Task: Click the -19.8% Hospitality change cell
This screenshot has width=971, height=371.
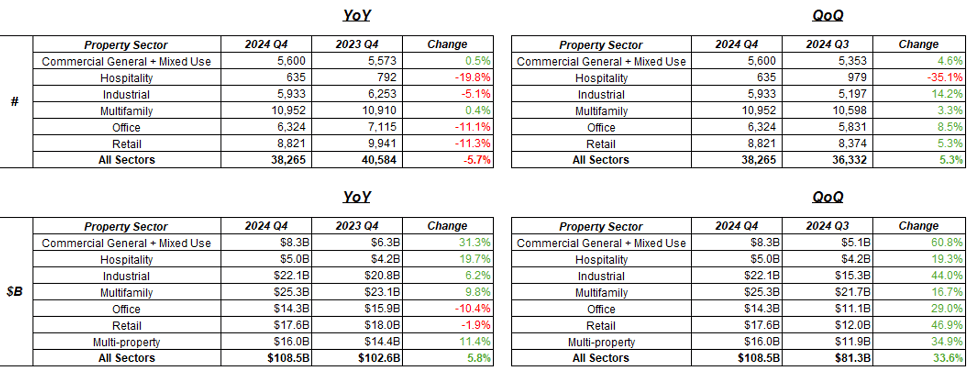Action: (x=472, y=77)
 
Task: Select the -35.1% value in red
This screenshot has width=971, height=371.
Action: (x=945, y=77)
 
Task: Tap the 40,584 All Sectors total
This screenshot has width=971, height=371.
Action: (x=378, y=160)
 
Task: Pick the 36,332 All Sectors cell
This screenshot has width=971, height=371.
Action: (x=849, y=160)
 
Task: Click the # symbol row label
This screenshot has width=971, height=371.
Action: (x=15, y=101)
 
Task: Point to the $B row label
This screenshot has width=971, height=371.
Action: (x=15, y=291)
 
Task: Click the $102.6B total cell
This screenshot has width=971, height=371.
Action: (x=379, y=358)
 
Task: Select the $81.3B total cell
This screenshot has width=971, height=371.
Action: (x=852, y=358)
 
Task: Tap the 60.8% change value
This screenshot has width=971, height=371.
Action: (x=947, y=242)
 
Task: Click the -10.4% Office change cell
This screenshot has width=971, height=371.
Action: (x=472, y=308)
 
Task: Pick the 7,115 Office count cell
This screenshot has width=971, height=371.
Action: (x=381, y=127)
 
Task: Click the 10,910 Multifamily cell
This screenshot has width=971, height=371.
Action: (x=379, y=110)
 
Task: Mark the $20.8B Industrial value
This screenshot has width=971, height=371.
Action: (x=382, y=275)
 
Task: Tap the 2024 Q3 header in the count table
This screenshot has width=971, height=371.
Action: (x=827, y=44)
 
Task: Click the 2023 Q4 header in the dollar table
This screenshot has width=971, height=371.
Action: (x=356, y=226)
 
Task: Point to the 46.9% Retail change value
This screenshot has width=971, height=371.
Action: (x=947, y=325)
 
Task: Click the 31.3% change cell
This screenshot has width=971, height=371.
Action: (x=474, y=242)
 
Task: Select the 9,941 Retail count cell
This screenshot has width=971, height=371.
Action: (x=381, y=144)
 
